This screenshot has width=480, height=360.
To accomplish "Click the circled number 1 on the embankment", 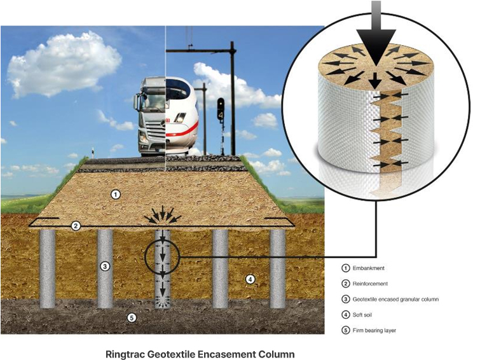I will (x=116, y=195).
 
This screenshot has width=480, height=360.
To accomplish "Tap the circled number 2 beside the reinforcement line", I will (x=76, y=226).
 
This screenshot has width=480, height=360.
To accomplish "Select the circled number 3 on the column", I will (x=106, y=267).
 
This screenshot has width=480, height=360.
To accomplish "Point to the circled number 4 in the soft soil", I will (x=250, y=279).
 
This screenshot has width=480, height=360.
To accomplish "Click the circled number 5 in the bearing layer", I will (x=131, y=317).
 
